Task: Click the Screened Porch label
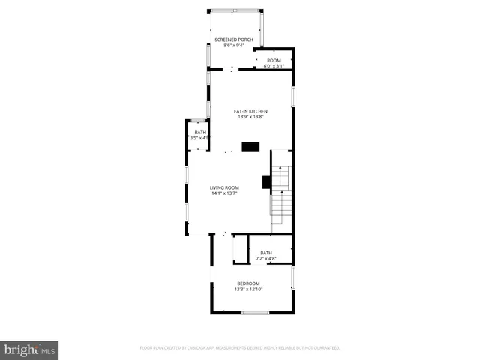[x=233, y=39]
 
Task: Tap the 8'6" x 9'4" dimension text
[x=233, y=46]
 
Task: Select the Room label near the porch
[x=274, y=60]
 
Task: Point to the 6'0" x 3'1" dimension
[x=274, y=66]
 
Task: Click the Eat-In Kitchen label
[x=250, y=111]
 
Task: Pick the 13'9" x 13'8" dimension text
[x=250, y=117]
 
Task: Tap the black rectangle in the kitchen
[x=250, y=147]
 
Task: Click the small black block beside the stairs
[x=265, y=181]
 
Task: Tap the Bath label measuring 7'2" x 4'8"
[x=266, y=253]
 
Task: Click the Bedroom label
[x=248, y=283]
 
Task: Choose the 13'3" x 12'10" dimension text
[x=248, y=289]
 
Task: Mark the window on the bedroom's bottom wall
[x=255, y=312]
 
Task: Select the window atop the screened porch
[x=235, y=10]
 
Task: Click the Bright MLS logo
[x=29, y=349]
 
